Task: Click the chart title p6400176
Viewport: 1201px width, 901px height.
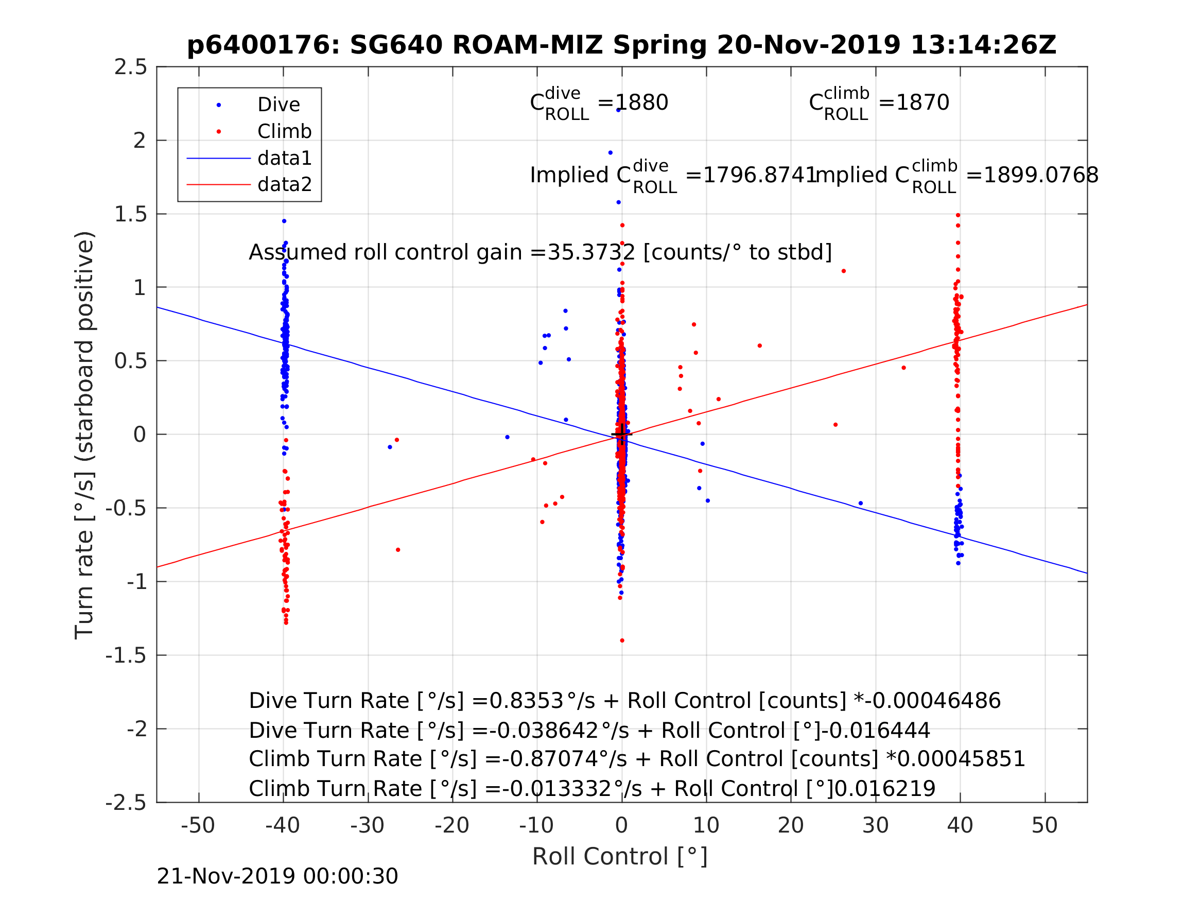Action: [621, 45]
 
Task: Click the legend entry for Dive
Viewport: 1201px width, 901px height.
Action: [278, 105]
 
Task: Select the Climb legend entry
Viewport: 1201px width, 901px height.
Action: [284, 131]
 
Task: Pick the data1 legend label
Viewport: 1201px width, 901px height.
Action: [285, 158]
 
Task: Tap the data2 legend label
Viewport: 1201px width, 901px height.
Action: [285, 185]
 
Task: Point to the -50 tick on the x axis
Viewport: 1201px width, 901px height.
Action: [198, 825]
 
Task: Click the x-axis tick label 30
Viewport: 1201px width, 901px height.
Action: [875, 825]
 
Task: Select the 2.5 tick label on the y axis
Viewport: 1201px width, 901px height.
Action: [130, 67]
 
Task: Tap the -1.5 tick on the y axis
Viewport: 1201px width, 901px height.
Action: [126, 656]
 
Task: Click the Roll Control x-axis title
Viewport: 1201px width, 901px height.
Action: [619, 857]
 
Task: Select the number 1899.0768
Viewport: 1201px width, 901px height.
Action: [1040, 176]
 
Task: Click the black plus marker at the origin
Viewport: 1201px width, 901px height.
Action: [622, 435]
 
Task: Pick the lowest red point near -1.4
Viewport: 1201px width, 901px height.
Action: [622, 641]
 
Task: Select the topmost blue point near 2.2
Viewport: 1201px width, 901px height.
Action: [618, 110]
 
